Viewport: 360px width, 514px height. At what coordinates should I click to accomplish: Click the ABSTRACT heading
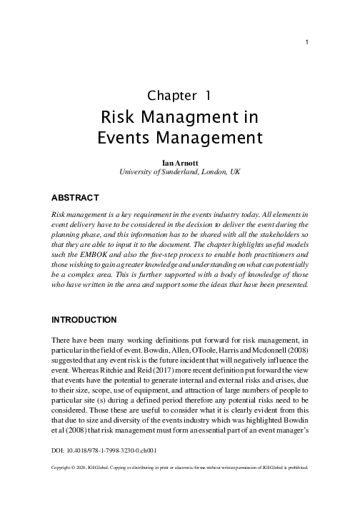75,196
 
